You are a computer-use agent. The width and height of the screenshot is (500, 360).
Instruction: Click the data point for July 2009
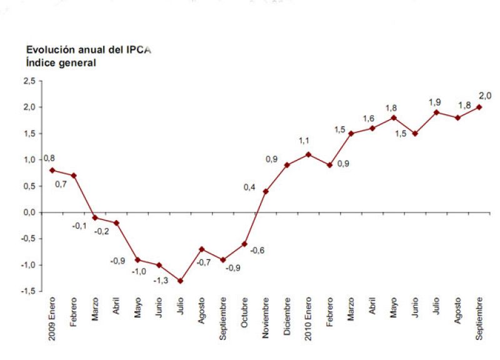tap(180, 281)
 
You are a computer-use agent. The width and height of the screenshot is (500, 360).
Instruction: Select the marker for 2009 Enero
tap(51, 170)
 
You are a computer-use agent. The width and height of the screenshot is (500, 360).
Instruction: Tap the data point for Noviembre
tap(266, 191)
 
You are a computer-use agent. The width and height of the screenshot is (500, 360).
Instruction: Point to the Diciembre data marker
tap(287, 165)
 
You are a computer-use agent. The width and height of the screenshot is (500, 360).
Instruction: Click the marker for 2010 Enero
tap(308, 154)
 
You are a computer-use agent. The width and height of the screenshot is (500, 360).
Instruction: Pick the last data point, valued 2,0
tap(479, 107)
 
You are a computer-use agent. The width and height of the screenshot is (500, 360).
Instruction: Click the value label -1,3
tap(161, 281)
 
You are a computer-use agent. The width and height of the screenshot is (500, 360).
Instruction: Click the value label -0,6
tap(258, 250)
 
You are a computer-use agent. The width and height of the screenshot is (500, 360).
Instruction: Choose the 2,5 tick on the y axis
tap(29, 81)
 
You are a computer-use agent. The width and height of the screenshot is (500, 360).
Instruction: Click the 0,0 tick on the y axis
tap(29, 212)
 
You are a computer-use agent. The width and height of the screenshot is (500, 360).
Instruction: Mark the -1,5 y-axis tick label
tap(27, 291)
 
